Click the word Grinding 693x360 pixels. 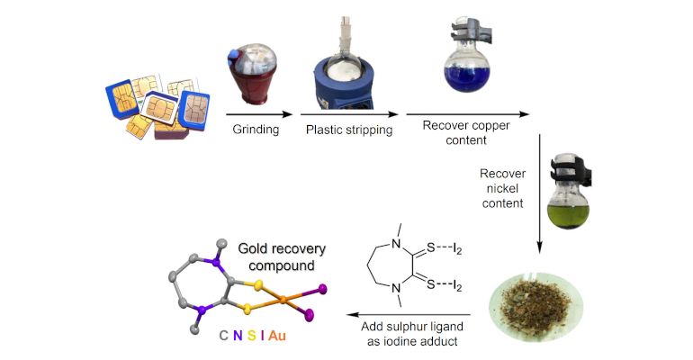(256, 130)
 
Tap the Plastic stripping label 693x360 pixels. (349, 130)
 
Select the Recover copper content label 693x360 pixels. (466, 132)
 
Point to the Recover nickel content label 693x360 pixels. (502, 188)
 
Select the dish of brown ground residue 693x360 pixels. (535, 307)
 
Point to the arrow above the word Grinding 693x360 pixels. (259, 114)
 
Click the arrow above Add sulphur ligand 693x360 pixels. (409, 314)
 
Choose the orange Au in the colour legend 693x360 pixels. (276, 336)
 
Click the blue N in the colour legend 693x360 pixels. (238, 336)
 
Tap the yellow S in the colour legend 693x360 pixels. (251, 336)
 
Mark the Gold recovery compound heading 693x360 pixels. (282, 257)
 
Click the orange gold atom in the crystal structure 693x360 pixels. (283, 301)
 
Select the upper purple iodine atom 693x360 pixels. (322, 289)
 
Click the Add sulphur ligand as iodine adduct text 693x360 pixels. (412, 334)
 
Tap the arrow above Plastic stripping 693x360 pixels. (349, 114)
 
